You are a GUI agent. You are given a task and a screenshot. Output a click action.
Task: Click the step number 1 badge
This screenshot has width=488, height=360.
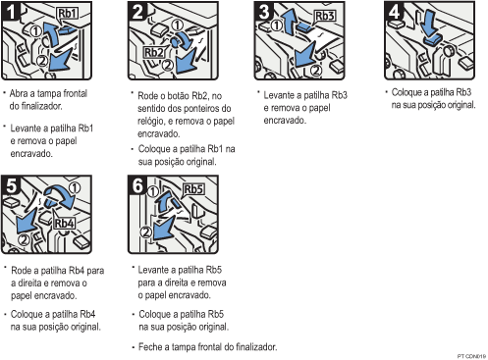10,11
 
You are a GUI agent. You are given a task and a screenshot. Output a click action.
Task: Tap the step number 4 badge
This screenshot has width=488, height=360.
394,11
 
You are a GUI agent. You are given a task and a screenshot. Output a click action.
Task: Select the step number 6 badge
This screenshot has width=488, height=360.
137,185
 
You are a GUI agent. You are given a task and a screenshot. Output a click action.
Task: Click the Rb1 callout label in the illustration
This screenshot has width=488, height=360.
68,14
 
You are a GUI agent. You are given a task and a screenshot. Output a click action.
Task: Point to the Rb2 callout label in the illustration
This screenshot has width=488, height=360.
154,52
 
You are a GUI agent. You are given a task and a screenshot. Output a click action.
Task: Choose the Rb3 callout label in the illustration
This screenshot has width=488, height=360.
325,16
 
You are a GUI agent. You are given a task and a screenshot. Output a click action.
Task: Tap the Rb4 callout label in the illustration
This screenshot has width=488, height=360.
64,224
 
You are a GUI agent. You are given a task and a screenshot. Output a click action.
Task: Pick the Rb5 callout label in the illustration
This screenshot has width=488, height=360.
193,189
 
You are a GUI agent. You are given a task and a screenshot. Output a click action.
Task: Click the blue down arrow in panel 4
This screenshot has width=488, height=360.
429,23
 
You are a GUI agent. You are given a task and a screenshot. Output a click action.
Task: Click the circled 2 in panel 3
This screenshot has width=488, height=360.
316,70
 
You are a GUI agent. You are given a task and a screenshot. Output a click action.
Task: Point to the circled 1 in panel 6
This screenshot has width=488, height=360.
153,192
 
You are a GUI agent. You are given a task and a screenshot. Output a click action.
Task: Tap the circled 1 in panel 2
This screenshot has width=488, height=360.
177,25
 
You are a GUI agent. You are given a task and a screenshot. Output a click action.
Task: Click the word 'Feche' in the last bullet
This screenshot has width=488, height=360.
149,346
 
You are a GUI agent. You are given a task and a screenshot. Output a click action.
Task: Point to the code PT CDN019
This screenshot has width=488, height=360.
471,356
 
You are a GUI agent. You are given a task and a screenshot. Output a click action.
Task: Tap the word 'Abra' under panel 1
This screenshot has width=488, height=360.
19,93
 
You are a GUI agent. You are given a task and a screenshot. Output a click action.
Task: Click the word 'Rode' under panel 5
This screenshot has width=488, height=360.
22,271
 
